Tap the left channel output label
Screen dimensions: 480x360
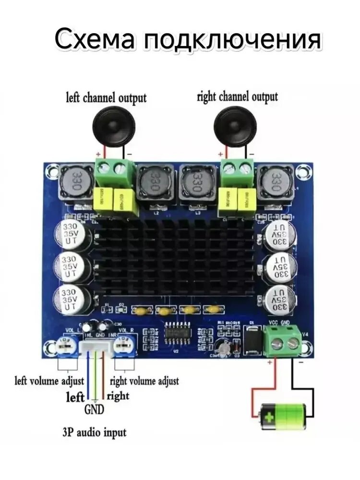click(x=106, y=98)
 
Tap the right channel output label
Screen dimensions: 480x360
click(x=237, y=96)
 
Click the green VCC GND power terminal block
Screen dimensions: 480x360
click(x=283, y=341)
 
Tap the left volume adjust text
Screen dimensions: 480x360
click(x=49, y=381)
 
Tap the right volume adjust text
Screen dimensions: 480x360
click(x=144, y=381)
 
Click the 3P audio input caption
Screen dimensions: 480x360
click(x=94, y=432)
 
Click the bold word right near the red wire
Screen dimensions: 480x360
click(x=118, y=396)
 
